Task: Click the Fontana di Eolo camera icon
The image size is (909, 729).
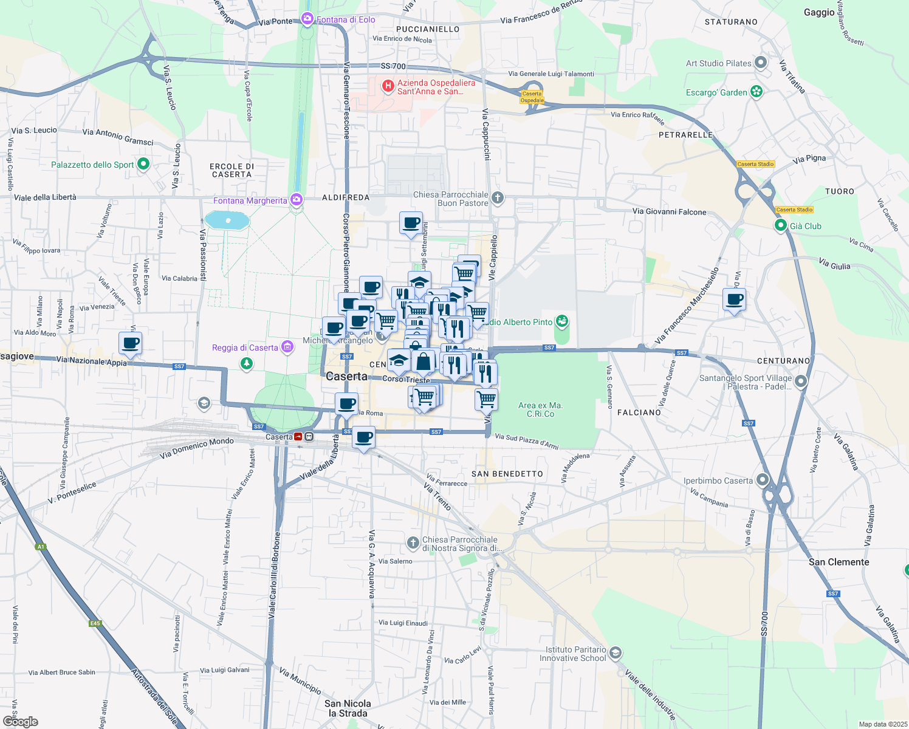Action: pyautogui.click(x=307, y=19)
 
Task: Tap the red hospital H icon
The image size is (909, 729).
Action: pyautogui.click(x=388, y=86)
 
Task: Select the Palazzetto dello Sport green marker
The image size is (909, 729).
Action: pyautogui.click(x=143, y=164)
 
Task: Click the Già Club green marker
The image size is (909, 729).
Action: pyautogui.click(x=781, y=226)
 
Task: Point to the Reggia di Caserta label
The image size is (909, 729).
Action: pyautogui.click(x=245, y=347)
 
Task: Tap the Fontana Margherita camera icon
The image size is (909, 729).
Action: pyautogui.click(x=296, y=200)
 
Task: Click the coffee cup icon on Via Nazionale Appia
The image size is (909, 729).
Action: pyautogui.click(x=130, y=343)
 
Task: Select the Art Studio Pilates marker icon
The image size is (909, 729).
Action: pyautogui.click(x=761, y=63)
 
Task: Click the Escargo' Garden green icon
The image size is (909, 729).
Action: pyautogui.click(x=756, y=92)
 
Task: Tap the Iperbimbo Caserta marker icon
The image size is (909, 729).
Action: pyautogui.click(x=762, y=480)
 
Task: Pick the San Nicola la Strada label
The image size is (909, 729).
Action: pyautogui.click(x=348, y=708)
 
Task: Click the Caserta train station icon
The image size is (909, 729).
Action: pyautogui.click(x=298, y=437)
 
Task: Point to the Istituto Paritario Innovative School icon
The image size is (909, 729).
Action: pyautogui.click(x=615, y=653)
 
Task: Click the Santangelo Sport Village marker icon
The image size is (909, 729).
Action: pyautogui.click(x=801, y=382)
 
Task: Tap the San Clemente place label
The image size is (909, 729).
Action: pyautogui.click(x=839, y=562)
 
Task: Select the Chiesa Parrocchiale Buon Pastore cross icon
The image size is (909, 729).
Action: pyautogui.click(x=497, y=197)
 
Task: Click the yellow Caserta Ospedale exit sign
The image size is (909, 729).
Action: pyautogui.click(x=532, y=97)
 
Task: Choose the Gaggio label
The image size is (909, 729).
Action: pyautogui.click(x=819, y=12)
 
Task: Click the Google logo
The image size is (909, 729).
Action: pyautogui.click(x=21, y=721)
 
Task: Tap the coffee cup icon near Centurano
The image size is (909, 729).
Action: pyautogui.click(x=734, y=299)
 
